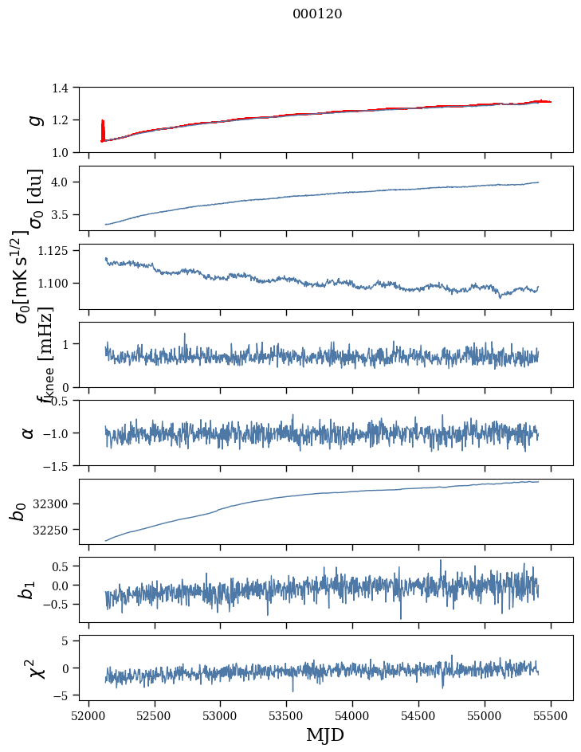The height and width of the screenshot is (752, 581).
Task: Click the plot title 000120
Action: pos(317,14)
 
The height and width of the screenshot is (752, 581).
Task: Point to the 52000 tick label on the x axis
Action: pos(88,714)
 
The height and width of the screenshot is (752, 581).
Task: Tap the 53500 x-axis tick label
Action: pos(286,714)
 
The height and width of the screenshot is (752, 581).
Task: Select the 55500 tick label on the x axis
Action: pos(551,714)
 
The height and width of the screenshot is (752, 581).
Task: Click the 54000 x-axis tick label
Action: pos(352,714)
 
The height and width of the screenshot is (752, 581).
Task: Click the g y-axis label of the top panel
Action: pos(33,119)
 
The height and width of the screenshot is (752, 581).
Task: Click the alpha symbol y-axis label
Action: pos(28,433)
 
